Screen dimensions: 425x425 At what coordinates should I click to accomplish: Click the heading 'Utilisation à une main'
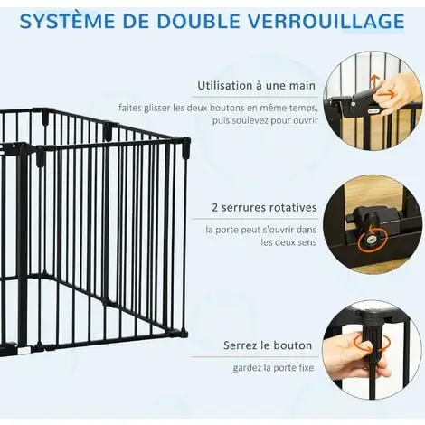[x=256, y=86]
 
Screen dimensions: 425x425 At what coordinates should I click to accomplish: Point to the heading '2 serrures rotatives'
[x=264, y=208]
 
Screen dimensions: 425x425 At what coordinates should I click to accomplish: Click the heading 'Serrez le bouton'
[x=268, y=345]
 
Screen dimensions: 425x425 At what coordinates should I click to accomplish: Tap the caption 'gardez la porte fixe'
[x=273, y=368]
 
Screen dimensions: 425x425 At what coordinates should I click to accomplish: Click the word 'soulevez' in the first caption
[x=250, y=121]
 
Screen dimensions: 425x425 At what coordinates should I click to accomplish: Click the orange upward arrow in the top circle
[x=375, y=82]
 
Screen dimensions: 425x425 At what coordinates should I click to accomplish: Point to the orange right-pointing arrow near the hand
[x=390, y=93]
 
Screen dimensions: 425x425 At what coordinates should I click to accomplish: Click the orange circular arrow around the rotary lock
[x=372, y=240]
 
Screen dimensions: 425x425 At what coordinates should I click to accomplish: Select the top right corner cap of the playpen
[x=186, y=147]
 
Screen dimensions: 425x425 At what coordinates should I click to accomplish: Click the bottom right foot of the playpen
[x=183, y=334]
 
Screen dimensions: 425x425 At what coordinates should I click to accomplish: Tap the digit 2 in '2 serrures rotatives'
[x=215, y=208]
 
